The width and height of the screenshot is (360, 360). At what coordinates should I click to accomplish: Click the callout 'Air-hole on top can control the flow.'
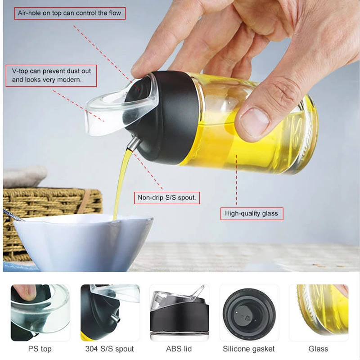click(x=70, y=13)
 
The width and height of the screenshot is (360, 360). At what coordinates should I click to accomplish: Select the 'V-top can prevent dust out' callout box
click(x=51, y=76)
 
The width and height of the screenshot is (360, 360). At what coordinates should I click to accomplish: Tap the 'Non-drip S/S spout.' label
click(x=167, y=198)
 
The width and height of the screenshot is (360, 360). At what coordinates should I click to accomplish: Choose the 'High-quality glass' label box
click(x=252, y=214)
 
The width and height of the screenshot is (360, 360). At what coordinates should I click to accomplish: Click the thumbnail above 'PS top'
click(x=40, y=312)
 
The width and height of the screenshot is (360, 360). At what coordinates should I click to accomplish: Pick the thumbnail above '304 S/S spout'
click(x=110, y=312)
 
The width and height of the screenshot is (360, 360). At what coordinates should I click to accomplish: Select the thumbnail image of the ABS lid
click(x=179, y=312)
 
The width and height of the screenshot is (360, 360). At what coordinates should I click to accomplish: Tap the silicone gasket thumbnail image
click(x=249, y=312)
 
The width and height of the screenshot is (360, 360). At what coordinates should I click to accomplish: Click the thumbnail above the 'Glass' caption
click(x=319, y=312)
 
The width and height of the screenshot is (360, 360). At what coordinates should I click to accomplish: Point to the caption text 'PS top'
click(x=40, y=349)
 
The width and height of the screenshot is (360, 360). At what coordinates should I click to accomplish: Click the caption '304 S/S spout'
click(x=109, y=349)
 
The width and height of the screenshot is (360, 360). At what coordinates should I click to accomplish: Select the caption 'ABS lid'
click(x=179, y=349)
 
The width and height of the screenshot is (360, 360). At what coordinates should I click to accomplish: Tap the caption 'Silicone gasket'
click(x=249, y=349)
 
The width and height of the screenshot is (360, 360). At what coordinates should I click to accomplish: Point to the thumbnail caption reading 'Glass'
click(x=318, y=349)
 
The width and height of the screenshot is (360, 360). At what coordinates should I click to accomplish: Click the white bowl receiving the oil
click(x=83, y=243)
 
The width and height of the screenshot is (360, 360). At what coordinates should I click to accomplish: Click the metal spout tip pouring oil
click(x=133, y=144)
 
